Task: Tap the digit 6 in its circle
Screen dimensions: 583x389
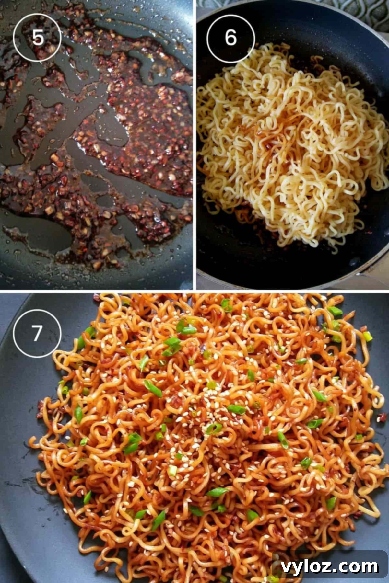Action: (x=231, y=38)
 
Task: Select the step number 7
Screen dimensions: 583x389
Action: (x=37, y=333)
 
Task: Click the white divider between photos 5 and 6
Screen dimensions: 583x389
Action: (x=195, y=146)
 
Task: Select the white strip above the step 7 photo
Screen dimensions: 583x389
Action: (x=194, y=291)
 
